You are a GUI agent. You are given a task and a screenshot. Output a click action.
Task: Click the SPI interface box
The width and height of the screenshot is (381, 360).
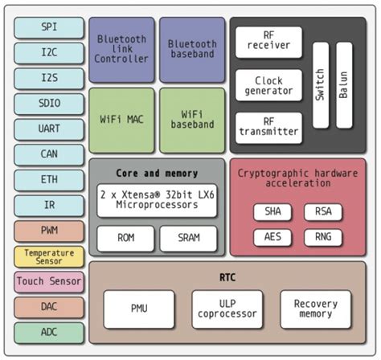[x=48, y=27]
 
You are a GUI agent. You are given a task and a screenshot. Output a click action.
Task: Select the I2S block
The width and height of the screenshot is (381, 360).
[x=48, y=78]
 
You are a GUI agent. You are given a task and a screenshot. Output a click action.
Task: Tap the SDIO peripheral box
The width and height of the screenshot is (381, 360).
[x=48, y=104]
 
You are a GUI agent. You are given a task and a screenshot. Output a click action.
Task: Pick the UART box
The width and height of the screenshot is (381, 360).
[x=48, y=129]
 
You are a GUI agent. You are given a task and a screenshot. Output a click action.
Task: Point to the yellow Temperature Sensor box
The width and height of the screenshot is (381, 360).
[x=48, y=256]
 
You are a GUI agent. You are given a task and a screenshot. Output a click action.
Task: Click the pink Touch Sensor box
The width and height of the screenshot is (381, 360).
[x=48, y=282]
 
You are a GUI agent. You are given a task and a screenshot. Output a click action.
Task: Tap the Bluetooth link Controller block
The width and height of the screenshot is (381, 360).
[x=121, y=49]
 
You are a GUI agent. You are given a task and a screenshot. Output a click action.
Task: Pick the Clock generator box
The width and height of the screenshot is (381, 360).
[x=268, y=85]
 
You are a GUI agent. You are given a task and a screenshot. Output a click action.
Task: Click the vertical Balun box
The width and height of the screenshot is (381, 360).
[x=344, y=85]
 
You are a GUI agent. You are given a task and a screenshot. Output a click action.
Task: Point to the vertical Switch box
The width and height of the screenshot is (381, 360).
[x=321, y=85]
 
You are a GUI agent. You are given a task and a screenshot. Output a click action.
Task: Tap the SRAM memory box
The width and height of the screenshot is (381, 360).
[x=187, y=238]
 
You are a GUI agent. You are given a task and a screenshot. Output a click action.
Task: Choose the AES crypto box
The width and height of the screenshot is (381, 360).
[x=268, y=237]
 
